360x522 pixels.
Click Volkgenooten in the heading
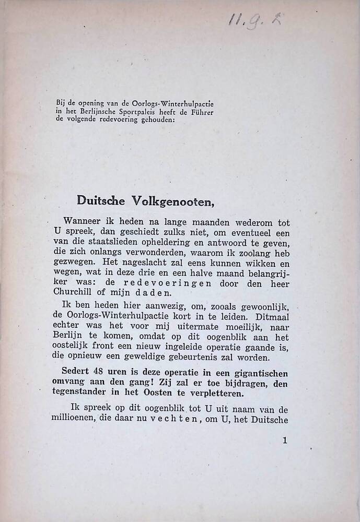tap(166, 199)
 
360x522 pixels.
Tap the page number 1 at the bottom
tap(285, 441)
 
